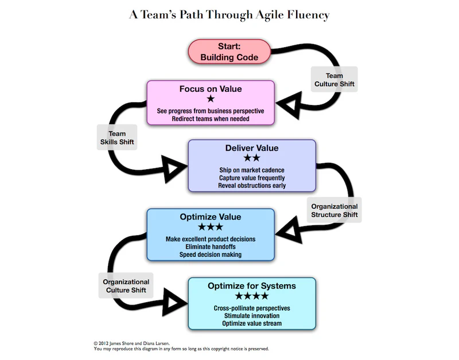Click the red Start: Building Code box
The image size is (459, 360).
[x=229, y=52]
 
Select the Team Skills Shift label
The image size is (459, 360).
[x=117, y=138]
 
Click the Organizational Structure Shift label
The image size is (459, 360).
[x=334, y=210]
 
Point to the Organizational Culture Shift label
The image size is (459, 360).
[x=126, y=285]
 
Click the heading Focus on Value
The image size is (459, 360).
[x=211, y=89]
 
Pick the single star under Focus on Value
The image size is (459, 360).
[x=211, y=99]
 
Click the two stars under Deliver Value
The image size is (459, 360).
[x=252, y=158]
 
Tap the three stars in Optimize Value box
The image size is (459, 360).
[x=210, y=227]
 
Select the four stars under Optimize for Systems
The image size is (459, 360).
[x=251, y=296]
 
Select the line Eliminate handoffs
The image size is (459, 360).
[x=211, y=246]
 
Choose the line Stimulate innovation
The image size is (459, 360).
[x=252, y=315]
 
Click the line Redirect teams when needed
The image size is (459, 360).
[x=211, y=119]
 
